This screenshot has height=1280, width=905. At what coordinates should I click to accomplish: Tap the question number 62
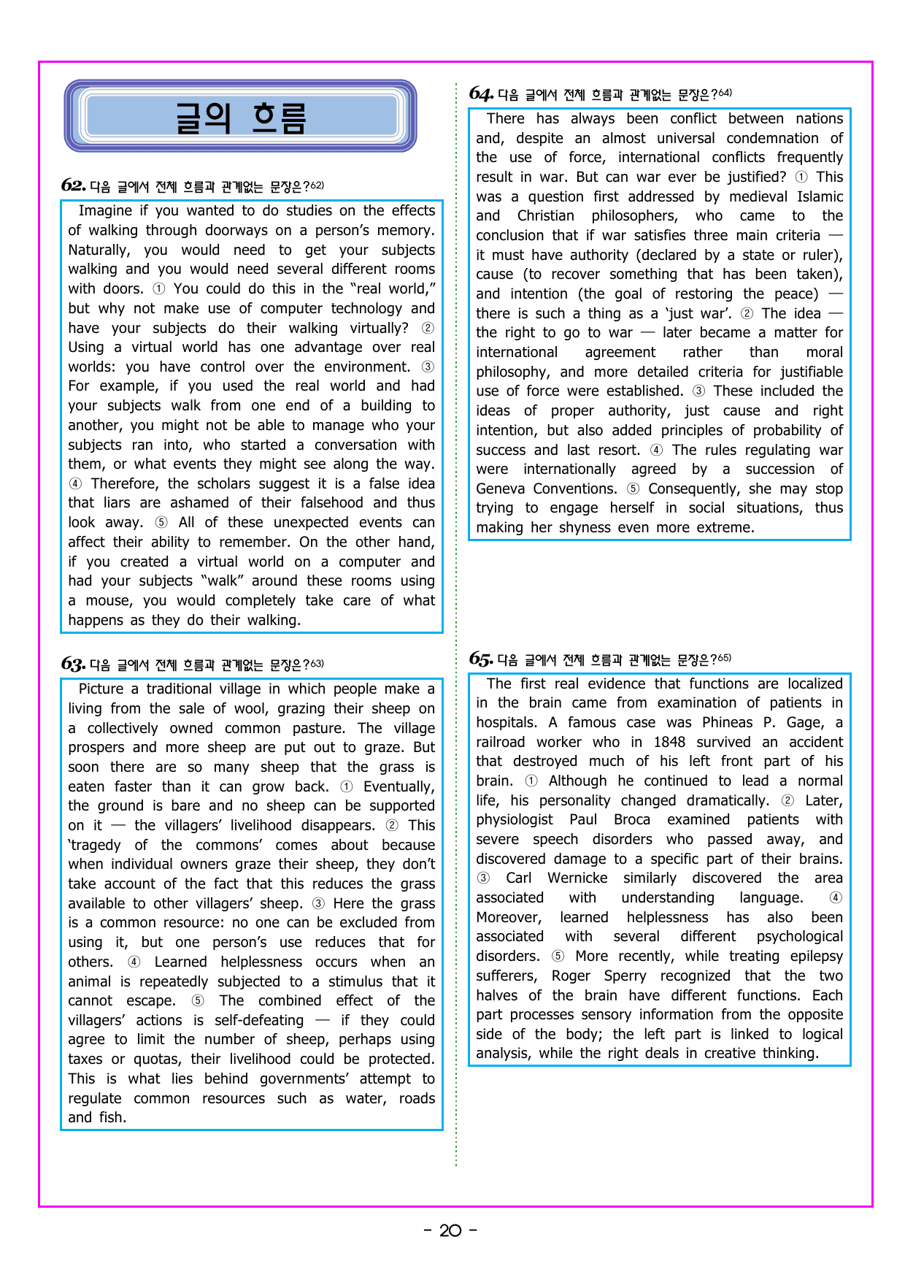pyautogui.click(x=73, y=185)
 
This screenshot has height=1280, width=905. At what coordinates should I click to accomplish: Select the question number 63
pyautogui.click(x=73, y=664)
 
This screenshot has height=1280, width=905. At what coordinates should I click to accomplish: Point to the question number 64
pyautogui.click(x=481, y=93)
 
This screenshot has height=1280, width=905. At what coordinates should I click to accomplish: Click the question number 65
pyautogui.click(x=481, y=659)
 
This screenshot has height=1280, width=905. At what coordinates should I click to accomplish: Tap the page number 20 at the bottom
pyautogui.click(x=450, y=1230)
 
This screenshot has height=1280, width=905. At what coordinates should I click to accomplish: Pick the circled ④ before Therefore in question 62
pyautogui.click(x=75, y=484)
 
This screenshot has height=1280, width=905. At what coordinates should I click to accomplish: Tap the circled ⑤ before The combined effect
pyautogui.click(x=198, y=1001)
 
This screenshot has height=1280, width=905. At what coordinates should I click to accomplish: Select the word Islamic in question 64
pyautogui.click(x=820, y=197)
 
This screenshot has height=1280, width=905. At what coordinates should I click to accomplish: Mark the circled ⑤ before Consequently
pyautogui.click(x=633, y=489)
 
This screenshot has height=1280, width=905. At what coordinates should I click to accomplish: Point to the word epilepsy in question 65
pyautogui.click(x=817, y=957)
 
